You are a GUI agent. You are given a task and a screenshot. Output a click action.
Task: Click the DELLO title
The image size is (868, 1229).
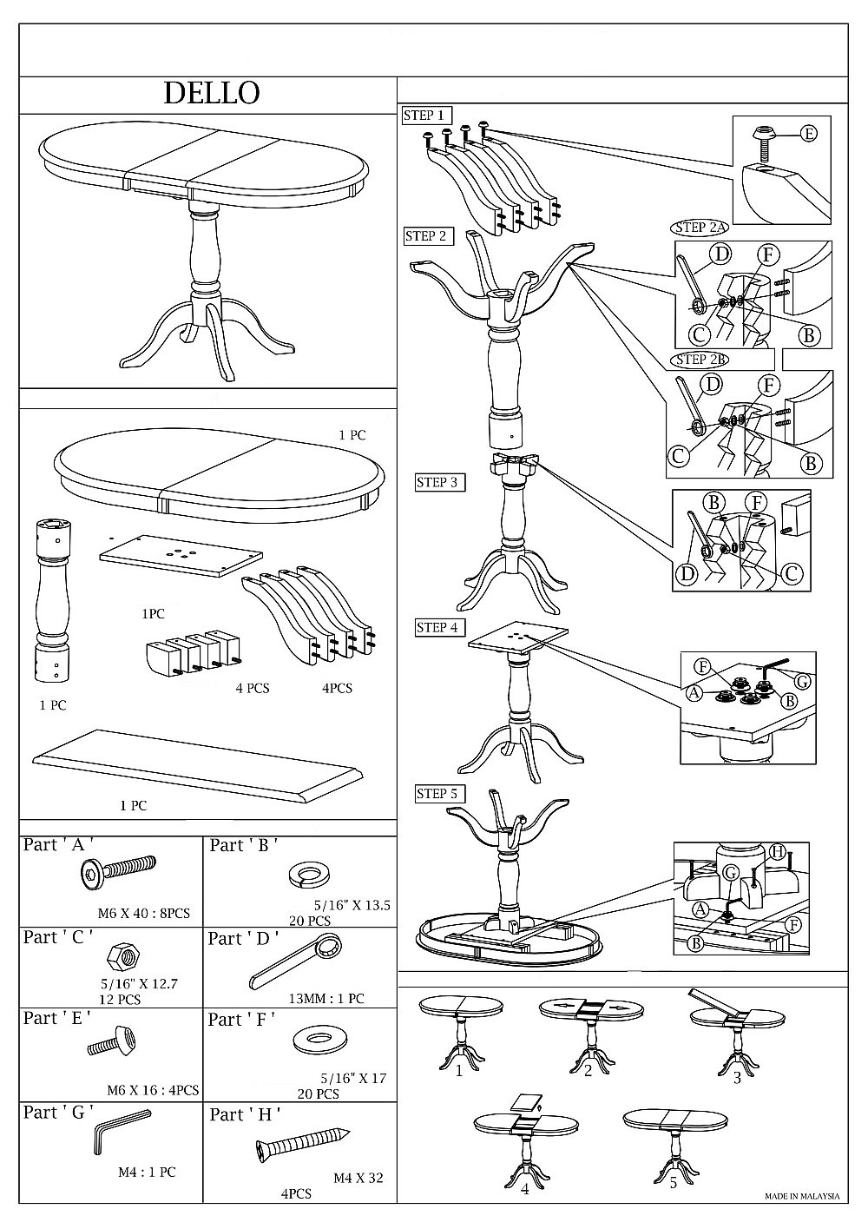click(x=212, y=93)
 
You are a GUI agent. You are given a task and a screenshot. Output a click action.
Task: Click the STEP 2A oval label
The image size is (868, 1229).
click(x=700, y=228)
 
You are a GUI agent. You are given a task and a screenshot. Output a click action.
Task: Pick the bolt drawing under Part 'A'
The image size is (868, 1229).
click(x=117, y=869)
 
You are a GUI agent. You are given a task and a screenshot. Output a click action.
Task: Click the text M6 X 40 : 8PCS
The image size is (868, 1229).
click(x=143, y=913)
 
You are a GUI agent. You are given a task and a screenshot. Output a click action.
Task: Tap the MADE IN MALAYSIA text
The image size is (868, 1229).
click(x=802, y=1196)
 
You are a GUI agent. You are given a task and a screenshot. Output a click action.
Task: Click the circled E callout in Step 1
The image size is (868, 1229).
click(x=808, y=133)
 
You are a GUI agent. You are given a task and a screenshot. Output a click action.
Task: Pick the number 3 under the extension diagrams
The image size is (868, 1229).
click(x=737, y=1078)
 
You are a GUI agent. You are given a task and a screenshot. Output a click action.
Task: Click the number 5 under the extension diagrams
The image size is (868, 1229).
click(x=673, y=1183)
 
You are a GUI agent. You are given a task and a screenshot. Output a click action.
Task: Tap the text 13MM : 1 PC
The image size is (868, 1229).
click(x=326, y=999)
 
